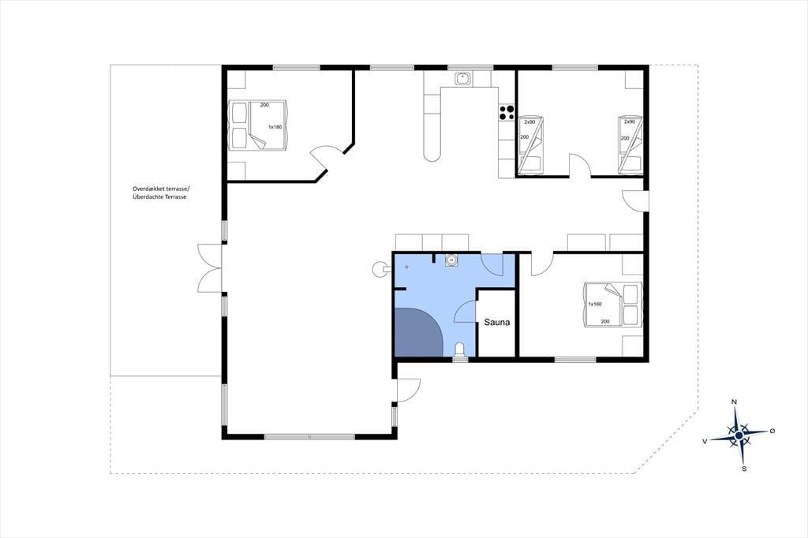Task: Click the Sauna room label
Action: point(497,322)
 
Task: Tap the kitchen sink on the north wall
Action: point(462,78)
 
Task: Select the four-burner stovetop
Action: point(506,112)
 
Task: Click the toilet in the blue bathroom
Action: point(460,350)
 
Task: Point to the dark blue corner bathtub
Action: point(417,332)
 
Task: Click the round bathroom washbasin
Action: point(451,260)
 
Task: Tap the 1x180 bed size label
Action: point(275,127)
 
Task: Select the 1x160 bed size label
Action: point(595,304)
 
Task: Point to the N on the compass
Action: point(734,402)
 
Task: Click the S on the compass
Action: point(744,469)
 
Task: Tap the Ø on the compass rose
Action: point(772,430)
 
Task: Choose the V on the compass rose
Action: point(705,441)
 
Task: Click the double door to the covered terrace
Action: point(210,268)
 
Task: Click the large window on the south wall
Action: point(309,437)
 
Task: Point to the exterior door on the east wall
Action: point(635,200)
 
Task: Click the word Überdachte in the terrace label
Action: point(148,197)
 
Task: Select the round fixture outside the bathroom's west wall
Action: point(380,268)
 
